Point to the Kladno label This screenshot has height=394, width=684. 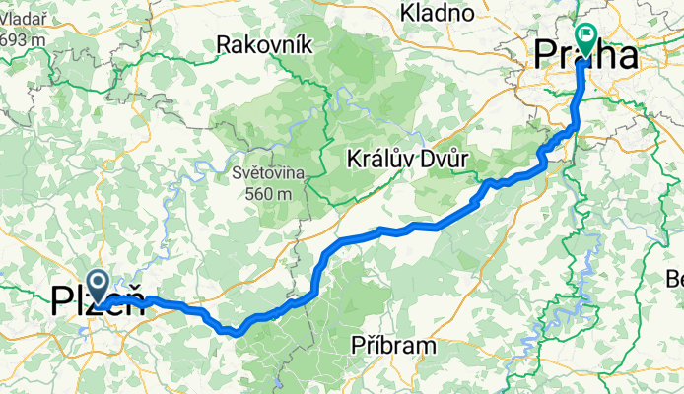coord(439,13)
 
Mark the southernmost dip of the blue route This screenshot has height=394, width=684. coord(237,333)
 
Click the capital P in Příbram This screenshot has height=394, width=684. coord(359,345)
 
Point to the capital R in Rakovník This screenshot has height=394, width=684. coord(224,44)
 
